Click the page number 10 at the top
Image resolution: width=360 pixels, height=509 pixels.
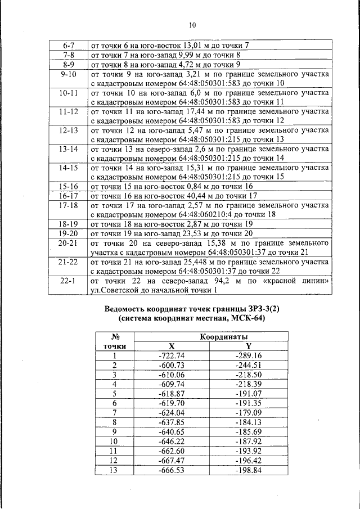click(x=192, y=25)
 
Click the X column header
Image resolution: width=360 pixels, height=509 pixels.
click(x=172, y=346)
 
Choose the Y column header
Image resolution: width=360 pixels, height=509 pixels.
click(x=249, y=346)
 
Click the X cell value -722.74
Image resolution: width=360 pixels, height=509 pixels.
click(x=172, y=355)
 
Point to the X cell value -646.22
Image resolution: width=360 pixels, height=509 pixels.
click(x=172, y=442)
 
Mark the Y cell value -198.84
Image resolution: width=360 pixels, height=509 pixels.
click(x=249, y=470)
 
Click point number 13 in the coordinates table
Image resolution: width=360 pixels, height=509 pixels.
click(x=114, y=470)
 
